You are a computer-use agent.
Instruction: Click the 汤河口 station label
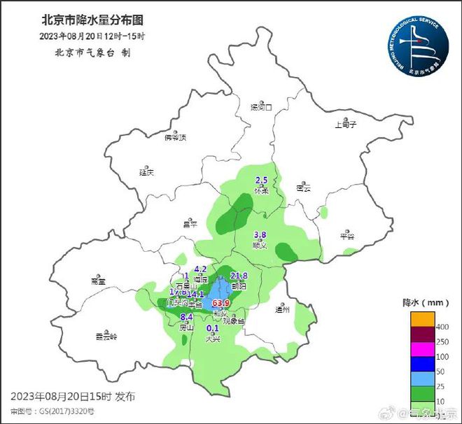tap(261, 108)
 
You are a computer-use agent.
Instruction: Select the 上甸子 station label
tap(346, 125)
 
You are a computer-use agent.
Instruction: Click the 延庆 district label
tap(146, 171)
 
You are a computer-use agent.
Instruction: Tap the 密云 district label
tap(303, 188)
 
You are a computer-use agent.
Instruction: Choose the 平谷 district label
tap(347, 236)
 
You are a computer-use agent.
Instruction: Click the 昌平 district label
tap(190, 223)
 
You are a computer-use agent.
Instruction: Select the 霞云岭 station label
tap(106, 337)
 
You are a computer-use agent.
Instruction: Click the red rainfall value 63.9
tap(221, 303)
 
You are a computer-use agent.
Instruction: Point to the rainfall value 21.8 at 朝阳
tap(239, 276)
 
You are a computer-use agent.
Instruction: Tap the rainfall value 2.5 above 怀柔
tap(261, 181)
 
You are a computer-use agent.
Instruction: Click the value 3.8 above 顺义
tap(260, 235)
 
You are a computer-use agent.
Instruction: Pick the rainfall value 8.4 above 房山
tap(186, 317)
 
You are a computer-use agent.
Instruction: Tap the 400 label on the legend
tap(443, 327)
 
